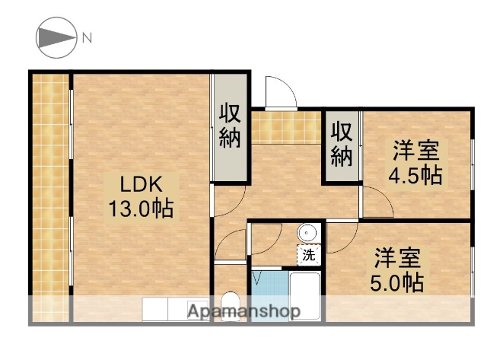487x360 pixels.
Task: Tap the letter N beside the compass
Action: (87, 37)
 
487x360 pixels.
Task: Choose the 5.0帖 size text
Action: (397, 282)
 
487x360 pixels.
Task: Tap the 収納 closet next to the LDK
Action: (230, 126)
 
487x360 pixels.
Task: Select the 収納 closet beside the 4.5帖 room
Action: (342, 144)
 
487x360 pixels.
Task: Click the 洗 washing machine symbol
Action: (309, 256)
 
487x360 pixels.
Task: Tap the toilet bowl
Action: (230, 304)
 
